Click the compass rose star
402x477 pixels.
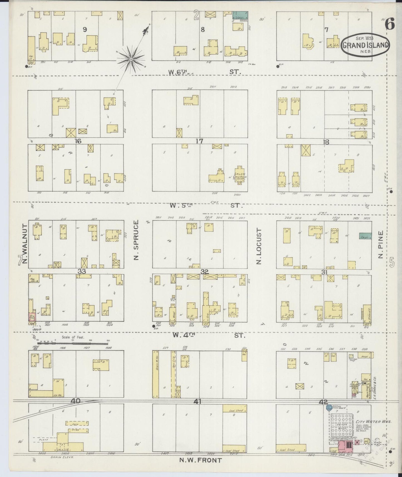coord(131,59)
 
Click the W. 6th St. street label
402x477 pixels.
coord(204,72)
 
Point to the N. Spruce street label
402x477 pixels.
coord(136,240)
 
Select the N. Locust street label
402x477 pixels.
coord(259,246)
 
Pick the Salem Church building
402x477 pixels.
coord(240,175)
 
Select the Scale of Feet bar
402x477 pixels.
coord(73,340)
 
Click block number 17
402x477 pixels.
coord(199,141)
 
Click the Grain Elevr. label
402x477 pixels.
coord(60,457)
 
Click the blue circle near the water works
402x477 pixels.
coord(329,408)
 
